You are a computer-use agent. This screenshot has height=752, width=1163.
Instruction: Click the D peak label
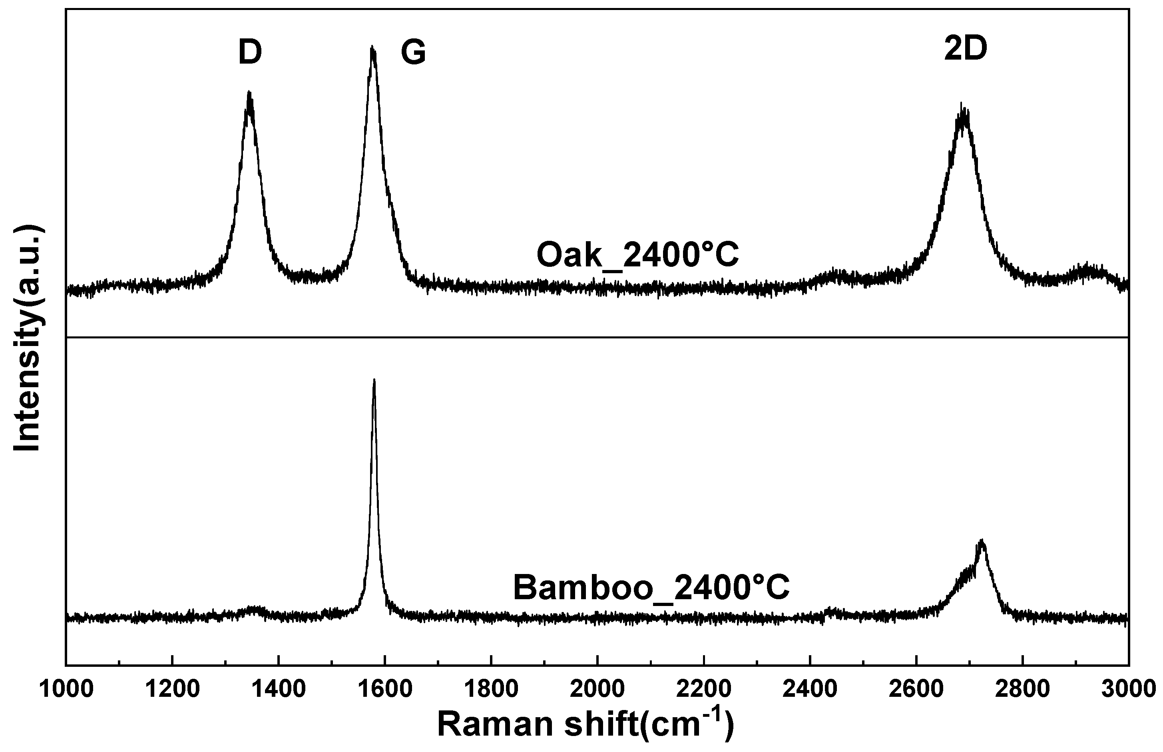click(x=250, y=53)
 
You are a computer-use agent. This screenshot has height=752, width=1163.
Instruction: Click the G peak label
click(x=413, y=53)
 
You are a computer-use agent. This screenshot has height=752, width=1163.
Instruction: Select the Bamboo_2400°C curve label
click(x=651, y=588)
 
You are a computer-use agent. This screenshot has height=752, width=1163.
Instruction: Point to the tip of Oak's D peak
click(x=249, y=93)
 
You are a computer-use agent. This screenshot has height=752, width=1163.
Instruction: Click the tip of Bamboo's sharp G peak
click(x=374, y=380)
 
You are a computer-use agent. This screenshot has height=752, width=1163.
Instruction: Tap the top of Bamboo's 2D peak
click(x=982, y=540)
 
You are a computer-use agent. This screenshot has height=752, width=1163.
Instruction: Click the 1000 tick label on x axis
click(x=66, y=689)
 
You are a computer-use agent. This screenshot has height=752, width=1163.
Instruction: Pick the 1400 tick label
click(x=279, y=689)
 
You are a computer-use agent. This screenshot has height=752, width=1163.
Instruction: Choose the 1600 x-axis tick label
click(x=385, y=689)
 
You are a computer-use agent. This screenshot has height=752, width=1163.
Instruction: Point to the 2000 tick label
click(x=597, y=689)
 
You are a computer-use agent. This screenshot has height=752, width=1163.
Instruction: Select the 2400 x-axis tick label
click(x=810, y=689)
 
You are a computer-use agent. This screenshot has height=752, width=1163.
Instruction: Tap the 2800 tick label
click(x=1022, y=689)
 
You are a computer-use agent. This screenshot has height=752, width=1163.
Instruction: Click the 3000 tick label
click(x=1128, y=689)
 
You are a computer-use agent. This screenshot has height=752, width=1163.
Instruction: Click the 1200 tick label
click(x=172, y=689)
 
